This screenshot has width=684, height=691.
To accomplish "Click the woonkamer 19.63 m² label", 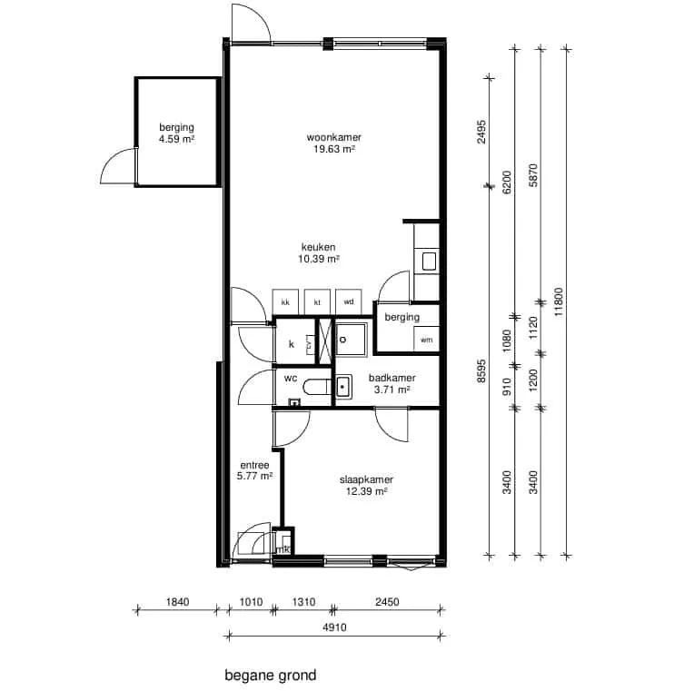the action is [334, 143].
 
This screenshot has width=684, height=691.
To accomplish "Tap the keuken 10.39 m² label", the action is [318, 253].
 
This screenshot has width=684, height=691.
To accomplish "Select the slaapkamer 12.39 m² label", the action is [366, 485].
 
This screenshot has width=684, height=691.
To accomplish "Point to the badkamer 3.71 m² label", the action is [392, 383].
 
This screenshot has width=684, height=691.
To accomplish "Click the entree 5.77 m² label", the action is [254, 470].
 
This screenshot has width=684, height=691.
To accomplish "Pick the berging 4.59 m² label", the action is [177, 133].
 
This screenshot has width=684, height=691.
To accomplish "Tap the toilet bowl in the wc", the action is [317, 387].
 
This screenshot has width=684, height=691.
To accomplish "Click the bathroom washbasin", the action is [342, 387].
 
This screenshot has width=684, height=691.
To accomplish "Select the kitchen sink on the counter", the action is [429, 261].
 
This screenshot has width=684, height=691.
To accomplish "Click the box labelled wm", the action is [426, 339].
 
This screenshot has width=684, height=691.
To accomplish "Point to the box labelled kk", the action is [285, 301].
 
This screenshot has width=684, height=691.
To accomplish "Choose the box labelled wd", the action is [348, 301].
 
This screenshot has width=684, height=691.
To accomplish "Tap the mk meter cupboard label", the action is [283, 549].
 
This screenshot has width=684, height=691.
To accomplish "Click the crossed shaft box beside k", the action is [325, 341].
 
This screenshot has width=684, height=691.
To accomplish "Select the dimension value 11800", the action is [559, 301].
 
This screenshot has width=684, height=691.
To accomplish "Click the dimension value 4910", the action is [334, 627].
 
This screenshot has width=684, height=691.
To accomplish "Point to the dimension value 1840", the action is [177, 601].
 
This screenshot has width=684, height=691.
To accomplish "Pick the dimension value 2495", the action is [481, 132].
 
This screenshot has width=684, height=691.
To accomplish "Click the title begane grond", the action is [271, 676].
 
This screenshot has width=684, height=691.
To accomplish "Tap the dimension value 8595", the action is [481, 370].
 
